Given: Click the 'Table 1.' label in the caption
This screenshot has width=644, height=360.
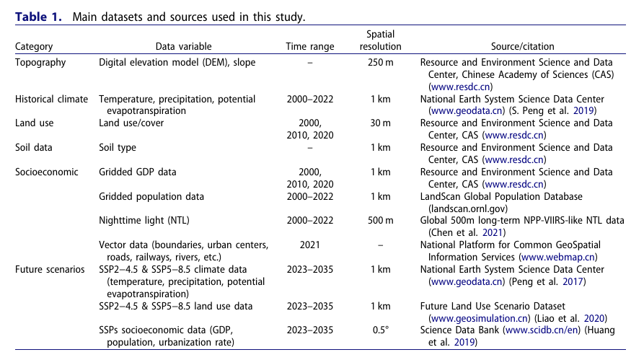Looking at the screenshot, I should pyautogui.click(x=40, y=17).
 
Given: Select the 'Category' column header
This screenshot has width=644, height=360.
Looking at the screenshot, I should pyautogui.click(x=34, y=47).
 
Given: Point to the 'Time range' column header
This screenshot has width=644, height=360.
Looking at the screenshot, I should pyautogui.click(x=310, y=47).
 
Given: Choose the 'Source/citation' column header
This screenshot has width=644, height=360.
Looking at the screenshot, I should pyautogui.click(x=523, y=47).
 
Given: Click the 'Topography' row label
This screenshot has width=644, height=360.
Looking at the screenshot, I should pyautogui.click(x=40, y=63).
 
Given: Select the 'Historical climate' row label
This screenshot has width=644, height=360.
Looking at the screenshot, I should pyautogui.click(x=52, y=99).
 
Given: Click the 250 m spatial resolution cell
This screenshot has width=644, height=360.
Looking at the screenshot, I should pyautogui.click(x=380, y=63).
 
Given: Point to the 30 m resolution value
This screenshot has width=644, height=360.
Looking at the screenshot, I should pyautogui.click(x=380, y=123).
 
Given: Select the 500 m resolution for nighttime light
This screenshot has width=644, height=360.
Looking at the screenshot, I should pyautogui.click(x=380, y=221).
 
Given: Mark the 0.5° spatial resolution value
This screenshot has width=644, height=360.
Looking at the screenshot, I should pyautogui.click(x=380, y=331).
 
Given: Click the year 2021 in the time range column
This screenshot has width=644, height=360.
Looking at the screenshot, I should pyautogui.click(x=310, y=245).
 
